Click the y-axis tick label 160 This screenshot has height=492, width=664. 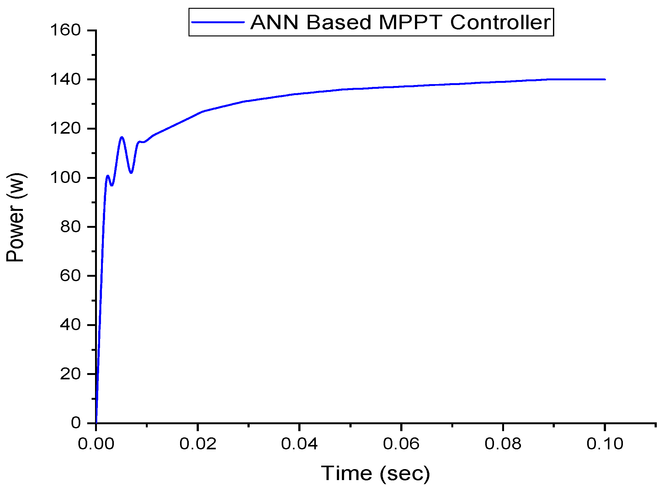pos(66,30)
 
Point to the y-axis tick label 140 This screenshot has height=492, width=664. pos(66,79)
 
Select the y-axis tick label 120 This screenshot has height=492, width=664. pos(66,129)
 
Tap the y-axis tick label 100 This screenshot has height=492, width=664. pos(66,178)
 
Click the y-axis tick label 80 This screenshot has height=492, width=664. pos(70,227)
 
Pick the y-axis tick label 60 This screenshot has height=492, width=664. pos(70,276)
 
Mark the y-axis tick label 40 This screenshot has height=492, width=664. pos(70,325)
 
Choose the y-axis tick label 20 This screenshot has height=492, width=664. pos(70,374)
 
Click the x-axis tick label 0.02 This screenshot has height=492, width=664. pos(198,444)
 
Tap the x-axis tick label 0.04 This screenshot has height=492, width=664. pos(300,444)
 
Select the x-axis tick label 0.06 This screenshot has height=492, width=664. pos(401,444)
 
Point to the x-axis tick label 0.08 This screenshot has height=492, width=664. pos(503,444)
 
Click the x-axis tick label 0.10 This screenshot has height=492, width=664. pos(605,444)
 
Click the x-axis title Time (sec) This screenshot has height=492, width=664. pos(375,473)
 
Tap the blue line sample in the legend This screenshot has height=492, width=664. pos(218,22)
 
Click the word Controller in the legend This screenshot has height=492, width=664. pos(501,22)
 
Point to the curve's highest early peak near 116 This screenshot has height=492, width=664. pos(122,137)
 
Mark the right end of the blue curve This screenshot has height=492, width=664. pos(605,79)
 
